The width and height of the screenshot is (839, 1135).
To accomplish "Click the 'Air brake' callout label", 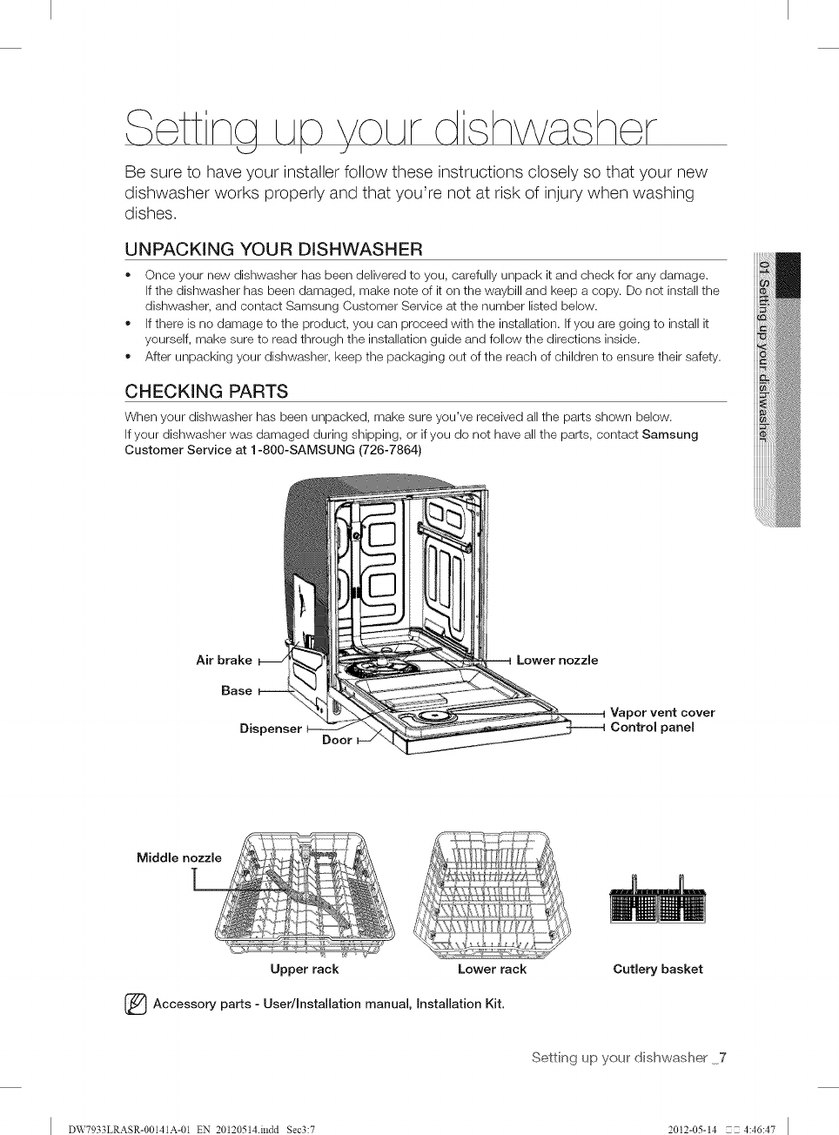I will [x=224, y=660].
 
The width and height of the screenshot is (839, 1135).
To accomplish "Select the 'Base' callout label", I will [x=236, y=690].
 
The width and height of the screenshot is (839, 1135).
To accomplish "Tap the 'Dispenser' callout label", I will [x=271, y=729].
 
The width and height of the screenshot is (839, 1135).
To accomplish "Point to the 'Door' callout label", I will [x=337, y=740].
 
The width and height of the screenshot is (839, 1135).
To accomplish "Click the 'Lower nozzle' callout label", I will [x=557, y=660].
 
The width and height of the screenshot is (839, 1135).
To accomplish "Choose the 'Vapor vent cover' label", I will [x=662, y=712].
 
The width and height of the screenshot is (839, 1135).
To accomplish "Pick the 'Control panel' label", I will [x=652, y=728].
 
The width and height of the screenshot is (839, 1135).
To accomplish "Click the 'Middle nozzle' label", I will [x=179, y=857].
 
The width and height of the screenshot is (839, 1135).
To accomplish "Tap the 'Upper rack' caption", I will [x=304, y=969].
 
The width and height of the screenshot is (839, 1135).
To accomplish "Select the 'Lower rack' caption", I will [x=492, y=969].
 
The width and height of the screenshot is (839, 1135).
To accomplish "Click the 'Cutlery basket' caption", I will [x=657, y=969].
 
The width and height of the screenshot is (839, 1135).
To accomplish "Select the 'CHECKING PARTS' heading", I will [x=206, y=390].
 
